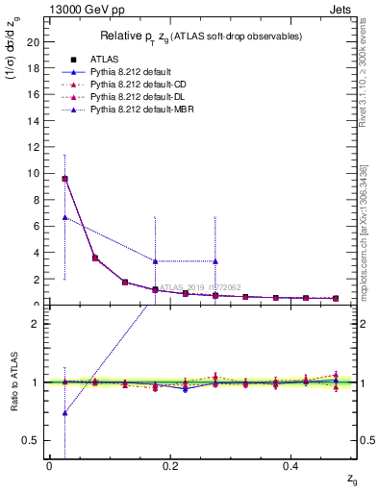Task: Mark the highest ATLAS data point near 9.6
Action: click(x=64, y=179)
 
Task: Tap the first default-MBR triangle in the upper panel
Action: click(x=64, y=217)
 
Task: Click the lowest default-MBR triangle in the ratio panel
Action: click(x=64, y=413)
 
